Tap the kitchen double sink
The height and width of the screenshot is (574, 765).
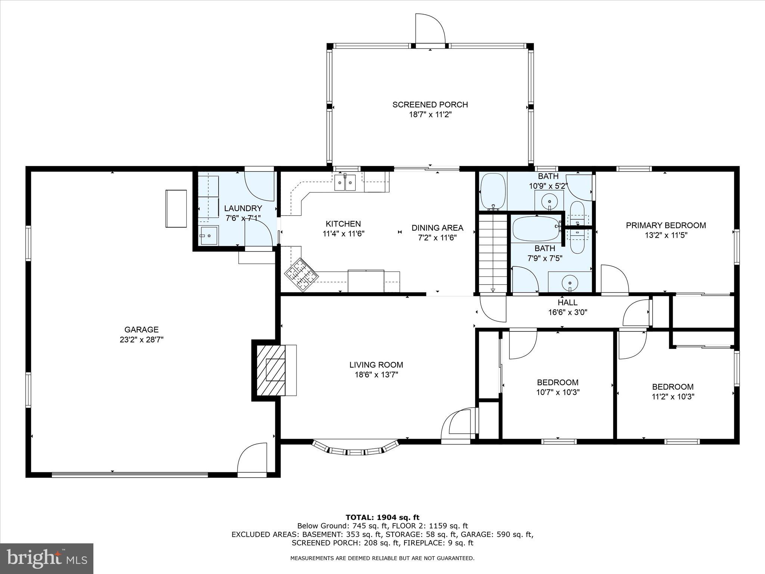coord(345,182)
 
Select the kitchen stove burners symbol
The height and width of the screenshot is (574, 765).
coord(301,275)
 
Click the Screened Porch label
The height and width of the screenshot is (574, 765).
coord(430,105)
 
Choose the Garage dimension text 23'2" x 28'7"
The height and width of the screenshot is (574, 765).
coord(142,340)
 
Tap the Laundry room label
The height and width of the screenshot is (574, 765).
coord(243,208)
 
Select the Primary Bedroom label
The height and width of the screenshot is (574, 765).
coord(666,225)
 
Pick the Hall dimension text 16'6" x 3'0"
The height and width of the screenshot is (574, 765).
coord(568,312)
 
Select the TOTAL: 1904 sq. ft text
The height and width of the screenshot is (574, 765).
coord(382,518)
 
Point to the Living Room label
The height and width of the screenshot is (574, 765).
coord(376,365)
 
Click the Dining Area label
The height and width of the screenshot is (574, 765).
coord(437,228)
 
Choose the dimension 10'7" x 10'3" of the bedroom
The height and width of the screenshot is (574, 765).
coord(558,392)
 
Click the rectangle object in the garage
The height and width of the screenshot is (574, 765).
coord(176,209)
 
